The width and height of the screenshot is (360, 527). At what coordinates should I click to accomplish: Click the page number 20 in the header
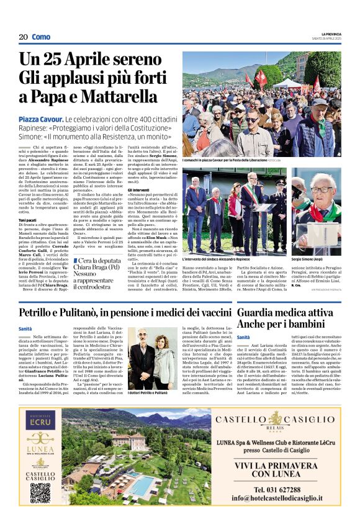[23, 37]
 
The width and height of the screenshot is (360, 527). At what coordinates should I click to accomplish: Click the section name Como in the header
[41, 37]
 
